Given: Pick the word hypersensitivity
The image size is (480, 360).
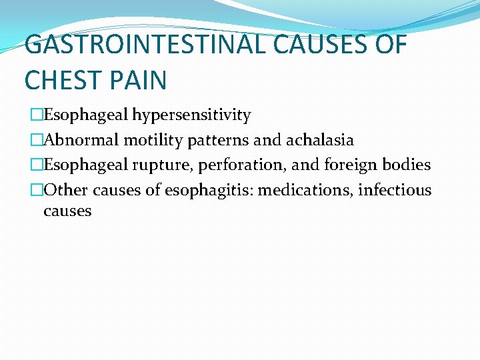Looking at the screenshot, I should click(191, 116).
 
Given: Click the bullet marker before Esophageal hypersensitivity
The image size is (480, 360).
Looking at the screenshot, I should click(36, 115).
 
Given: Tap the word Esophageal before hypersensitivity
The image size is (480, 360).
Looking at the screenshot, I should click(85, 116).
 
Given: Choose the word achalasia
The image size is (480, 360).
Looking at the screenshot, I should click(320, 141).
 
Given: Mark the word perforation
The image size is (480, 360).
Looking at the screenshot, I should click(229, 165).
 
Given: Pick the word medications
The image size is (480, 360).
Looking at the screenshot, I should click(305, 191).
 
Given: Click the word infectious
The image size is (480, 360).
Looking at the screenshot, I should click(395, 191).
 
